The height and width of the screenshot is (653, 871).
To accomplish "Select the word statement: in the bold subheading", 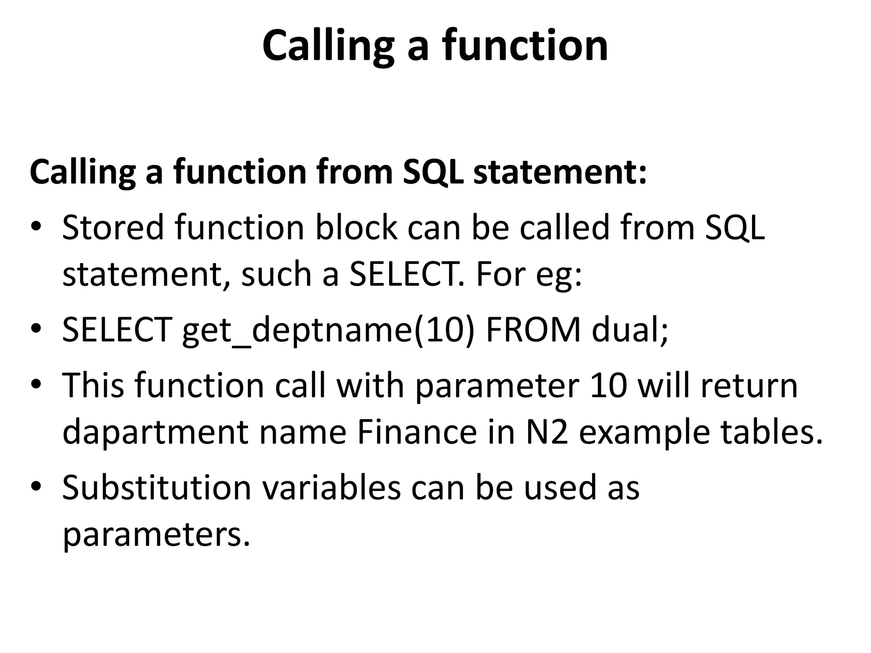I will [560, 172].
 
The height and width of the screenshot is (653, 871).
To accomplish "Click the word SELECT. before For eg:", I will [406, 274].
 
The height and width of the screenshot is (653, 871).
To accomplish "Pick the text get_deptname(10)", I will [327, 331].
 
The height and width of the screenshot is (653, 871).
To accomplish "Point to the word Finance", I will [417, 432].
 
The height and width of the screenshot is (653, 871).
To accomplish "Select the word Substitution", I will [157, 487].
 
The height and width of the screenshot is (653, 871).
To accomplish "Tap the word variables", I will [331, 487].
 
